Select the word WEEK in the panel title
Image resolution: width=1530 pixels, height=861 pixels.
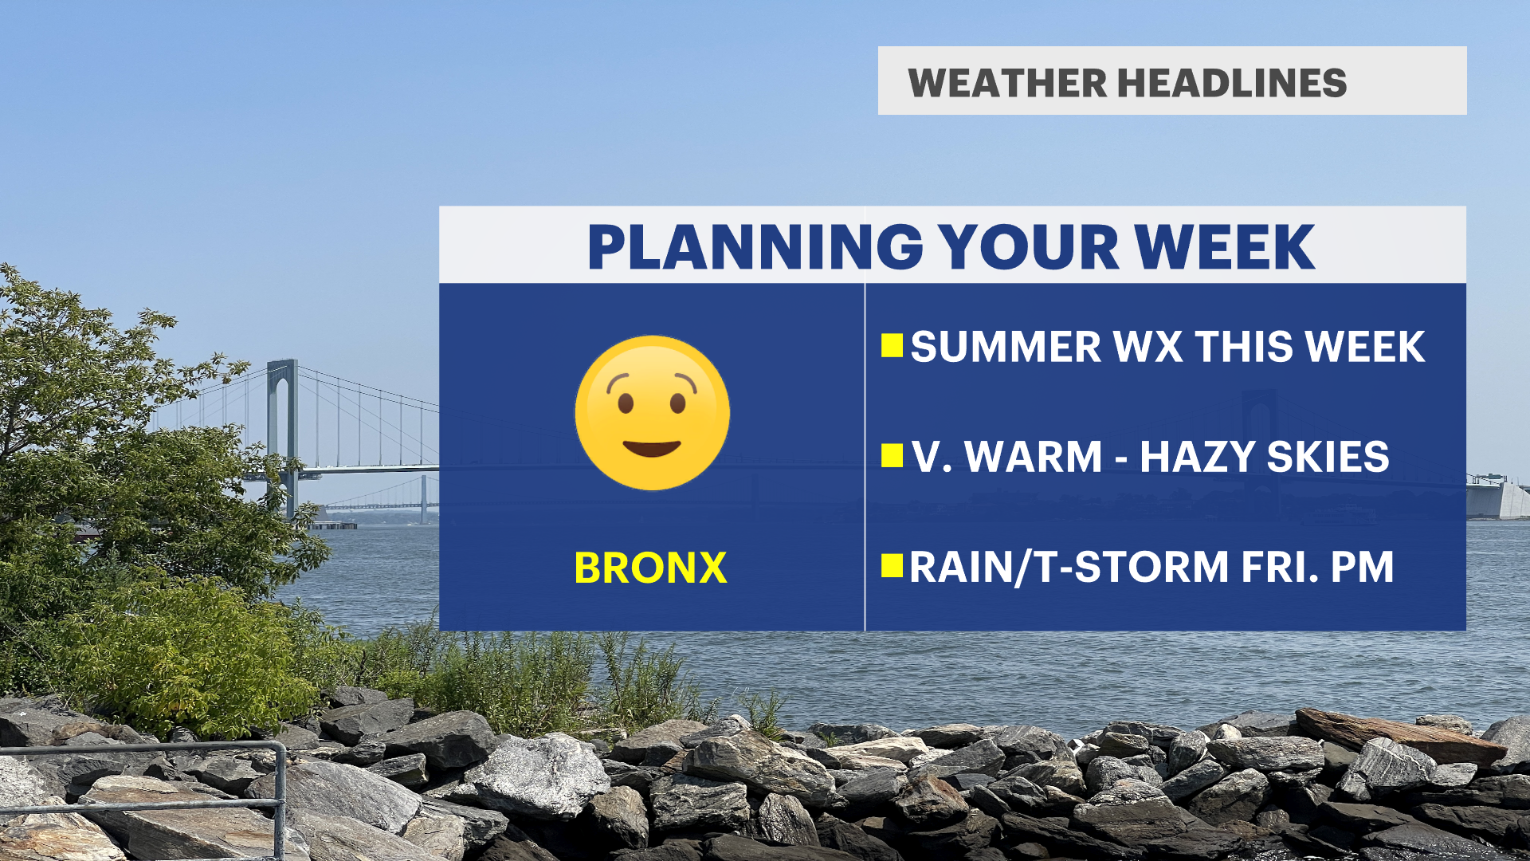click(1225, 247)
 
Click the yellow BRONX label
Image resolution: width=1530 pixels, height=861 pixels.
click(650, 568)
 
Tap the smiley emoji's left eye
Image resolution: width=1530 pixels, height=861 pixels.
click(625, 403)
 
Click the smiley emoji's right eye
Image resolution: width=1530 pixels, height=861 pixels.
click(677, 403)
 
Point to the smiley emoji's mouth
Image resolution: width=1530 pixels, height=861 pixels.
click(652, 448)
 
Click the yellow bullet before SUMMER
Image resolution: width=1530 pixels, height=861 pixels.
click(892, 345)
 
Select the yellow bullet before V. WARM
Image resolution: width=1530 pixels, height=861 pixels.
click(892, 455)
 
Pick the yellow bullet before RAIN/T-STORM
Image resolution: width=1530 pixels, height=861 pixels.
click(892, 565)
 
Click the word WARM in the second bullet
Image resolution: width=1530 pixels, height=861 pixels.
click(1034, 457)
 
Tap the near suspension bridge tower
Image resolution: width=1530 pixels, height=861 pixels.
click(283, 434)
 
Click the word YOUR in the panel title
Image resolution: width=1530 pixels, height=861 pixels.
click(1028, 247)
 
